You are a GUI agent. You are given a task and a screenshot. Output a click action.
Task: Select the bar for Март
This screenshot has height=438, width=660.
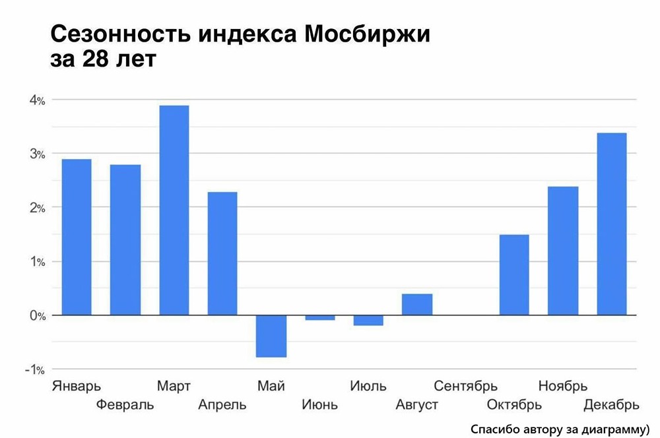point(174,210)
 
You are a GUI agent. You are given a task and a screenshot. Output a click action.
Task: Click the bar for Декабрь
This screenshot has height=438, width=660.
point(611,224)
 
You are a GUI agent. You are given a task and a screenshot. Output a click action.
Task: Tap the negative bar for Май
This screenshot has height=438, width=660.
point(271,336)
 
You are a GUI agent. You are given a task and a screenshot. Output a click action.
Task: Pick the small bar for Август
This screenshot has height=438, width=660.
point(417,304)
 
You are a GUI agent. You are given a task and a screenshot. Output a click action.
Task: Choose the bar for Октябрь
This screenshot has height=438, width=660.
point(514,275)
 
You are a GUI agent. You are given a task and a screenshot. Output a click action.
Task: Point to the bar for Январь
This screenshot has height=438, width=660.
point(76,237)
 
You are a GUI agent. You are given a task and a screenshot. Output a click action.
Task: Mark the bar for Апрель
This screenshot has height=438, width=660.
point(222,253)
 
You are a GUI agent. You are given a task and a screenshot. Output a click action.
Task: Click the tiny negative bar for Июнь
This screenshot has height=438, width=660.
point(320,318)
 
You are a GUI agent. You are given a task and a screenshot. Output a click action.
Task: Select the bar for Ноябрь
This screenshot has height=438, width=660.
point(563,251)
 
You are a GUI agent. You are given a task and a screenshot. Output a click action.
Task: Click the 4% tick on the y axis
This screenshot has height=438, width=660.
point(36,100)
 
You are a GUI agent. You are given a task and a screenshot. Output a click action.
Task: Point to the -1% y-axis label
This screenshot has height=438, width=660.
point(34,369)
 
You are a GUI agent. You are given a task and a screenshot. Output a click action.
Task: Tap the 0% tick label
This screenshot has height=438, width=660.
point(36,316)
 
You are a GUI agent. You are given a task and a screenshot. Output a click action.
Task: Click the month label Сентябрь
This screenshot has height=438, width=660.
point(465,386)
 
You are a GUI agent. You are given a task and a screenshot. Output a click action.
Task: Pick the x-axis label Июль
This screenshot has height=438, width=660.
point(368,386)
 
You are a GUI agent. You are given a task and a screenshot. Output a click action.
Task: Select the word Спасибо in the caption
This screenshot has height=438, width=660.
point(495,428)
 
